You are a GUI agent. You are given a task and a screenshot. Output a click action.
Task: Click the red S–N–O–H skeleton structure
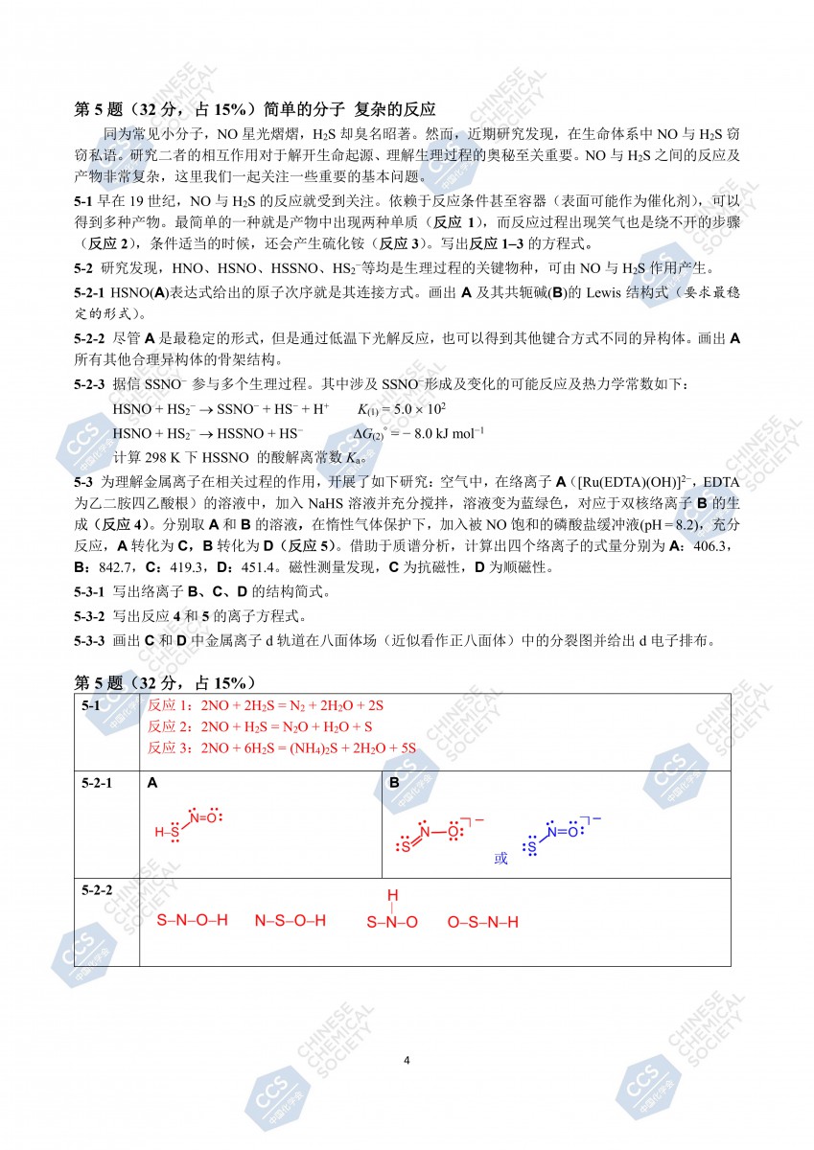tap(192, 921)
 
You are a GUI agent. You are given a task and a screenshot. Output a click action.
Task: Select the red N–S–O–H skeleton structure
tap(290, 921)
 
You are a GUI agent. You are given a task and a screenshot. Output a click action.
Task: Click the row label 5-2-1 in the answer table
tap(97, 783)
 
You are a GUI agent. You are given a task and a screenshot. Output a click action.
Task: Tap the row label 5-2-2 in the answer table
tap(97, 890)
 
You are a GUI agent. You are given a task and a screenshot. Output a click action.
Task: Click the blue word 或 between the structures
tap(500, 858)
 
